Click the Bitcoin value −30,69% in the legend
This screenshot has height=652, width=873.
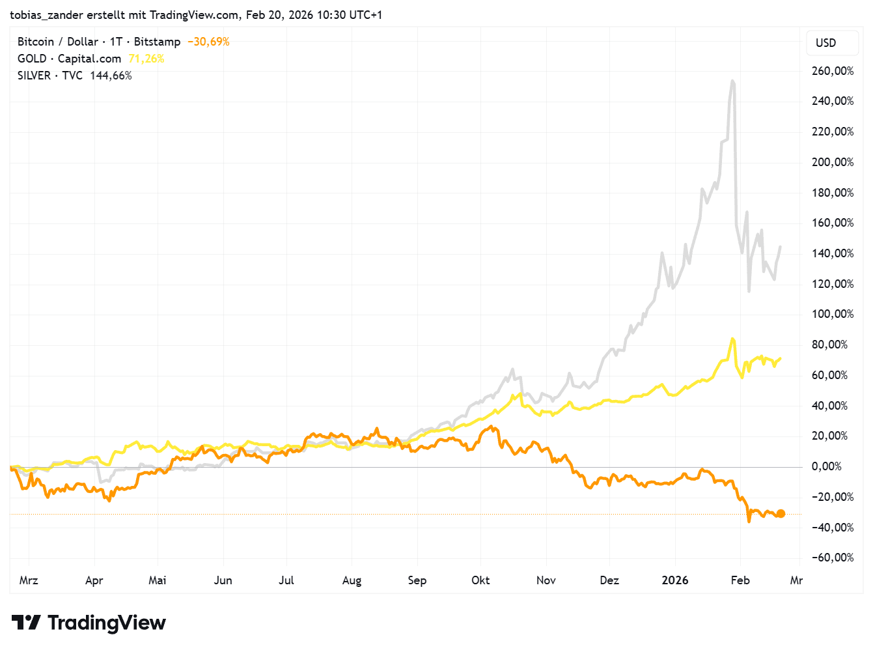(208, 42)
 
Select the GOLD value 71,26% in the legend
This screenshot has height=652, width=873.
(146, 59)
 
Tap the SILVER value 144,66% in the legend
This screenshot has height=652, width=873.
(111, 76)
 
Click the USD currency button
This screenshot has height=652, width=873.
(825, 43)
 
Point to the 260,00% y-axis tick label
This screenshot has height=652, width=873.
(832, 71)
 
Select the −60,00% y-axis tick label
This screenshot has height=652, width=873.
(832, 558)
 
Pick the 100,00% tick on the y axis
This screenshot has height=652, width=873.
(832, 314)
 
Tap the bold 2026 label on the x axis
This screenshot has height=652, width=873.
(674, 580)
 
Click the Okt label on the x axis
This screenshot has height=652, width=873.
(480, 580)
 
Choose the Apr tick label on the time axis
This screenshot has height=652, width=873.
(94, 580)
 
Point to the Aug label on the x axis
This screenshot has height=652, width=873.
(352, 580)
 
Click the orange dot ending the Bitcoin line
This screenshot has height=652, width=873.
(781, 513)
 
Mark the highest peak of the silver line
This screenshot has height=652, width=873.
(733, 81)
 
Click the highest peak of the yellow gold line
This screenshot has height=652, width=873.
(733, 339)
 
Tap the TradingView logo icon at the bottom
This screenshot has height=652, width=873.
(26, 623)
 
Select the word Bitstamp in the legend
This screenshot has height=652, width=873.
(157, 42)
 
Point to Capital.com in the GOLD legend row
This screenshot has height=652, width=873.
(89, 59)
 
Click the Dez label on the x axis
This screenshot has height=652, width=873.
(609, 580)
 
